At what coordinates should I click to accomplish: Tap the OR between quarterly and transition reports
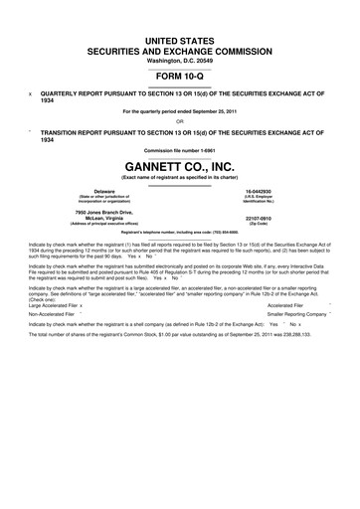(x=180, y=122)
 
